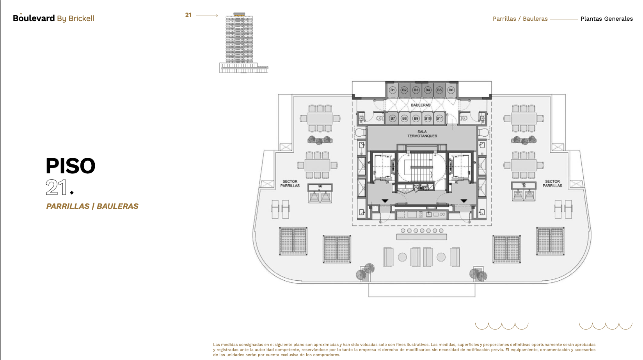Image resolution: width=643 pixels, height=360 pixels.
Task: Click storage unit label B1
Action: click(393, 90)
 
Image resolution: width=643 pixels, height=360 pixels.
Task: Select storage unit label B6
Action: click(451, 90)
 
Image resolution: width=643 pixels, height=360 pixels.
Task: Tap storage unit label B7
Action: click(393, 118)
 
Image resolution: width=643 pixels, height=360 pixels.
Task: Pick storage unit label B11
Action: click(439, 118)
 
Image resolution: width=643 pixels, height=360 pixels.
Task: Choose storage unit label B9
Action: click(416, 118)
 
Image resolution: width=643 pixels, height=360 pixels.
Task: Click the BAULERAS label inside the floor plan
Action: click(421, 105)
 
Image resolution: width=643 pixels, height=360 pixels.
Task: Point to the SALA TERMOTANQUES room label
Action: click(422, 134)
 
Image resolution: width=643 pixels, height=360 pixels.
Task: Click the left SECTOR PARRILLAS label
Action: click(290, 184)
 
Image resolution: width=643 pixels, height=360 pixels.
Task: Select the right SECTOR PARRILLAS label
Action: click(552, 184)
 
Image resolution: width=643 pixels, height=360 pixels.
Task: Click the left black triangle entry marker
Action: click(385, 201)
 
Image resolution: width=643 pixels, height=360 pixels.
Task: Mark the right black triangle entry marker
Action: click(464, 201)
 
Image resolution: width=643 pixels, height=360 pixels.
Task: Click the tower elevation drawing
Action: click(243, 43)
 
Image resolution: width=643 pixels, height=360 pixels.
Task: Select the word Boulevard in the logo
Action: click(34, 18)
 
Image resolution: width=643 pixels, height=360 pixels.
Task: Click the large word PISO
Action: click(70, 166)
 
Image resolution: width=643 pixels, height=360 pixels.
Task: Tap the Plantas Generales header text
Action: click(607, 19)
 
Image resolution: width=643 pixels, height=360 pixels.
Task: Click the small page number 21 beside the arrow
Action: click(188, 15)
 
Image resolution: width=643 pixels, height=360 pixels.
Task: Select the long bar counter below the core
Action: click(421, 237)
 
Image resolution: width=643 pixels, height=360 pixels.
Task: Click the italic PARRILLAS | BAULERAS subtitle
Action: click(92, 206)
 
